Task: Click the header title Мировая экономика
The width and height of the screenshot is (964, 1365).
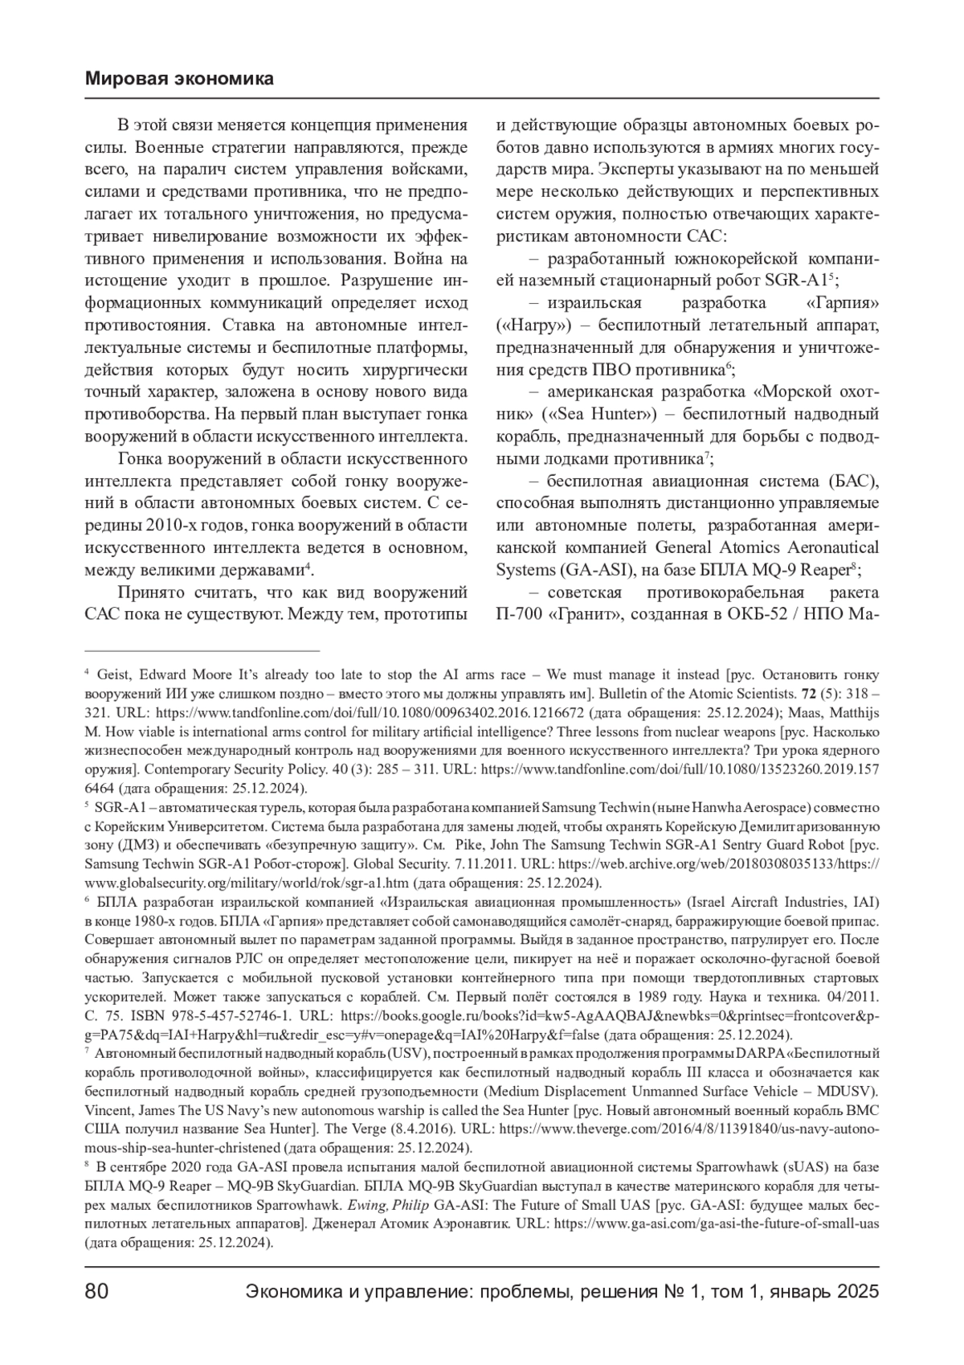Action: click(x=178, y=79)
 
